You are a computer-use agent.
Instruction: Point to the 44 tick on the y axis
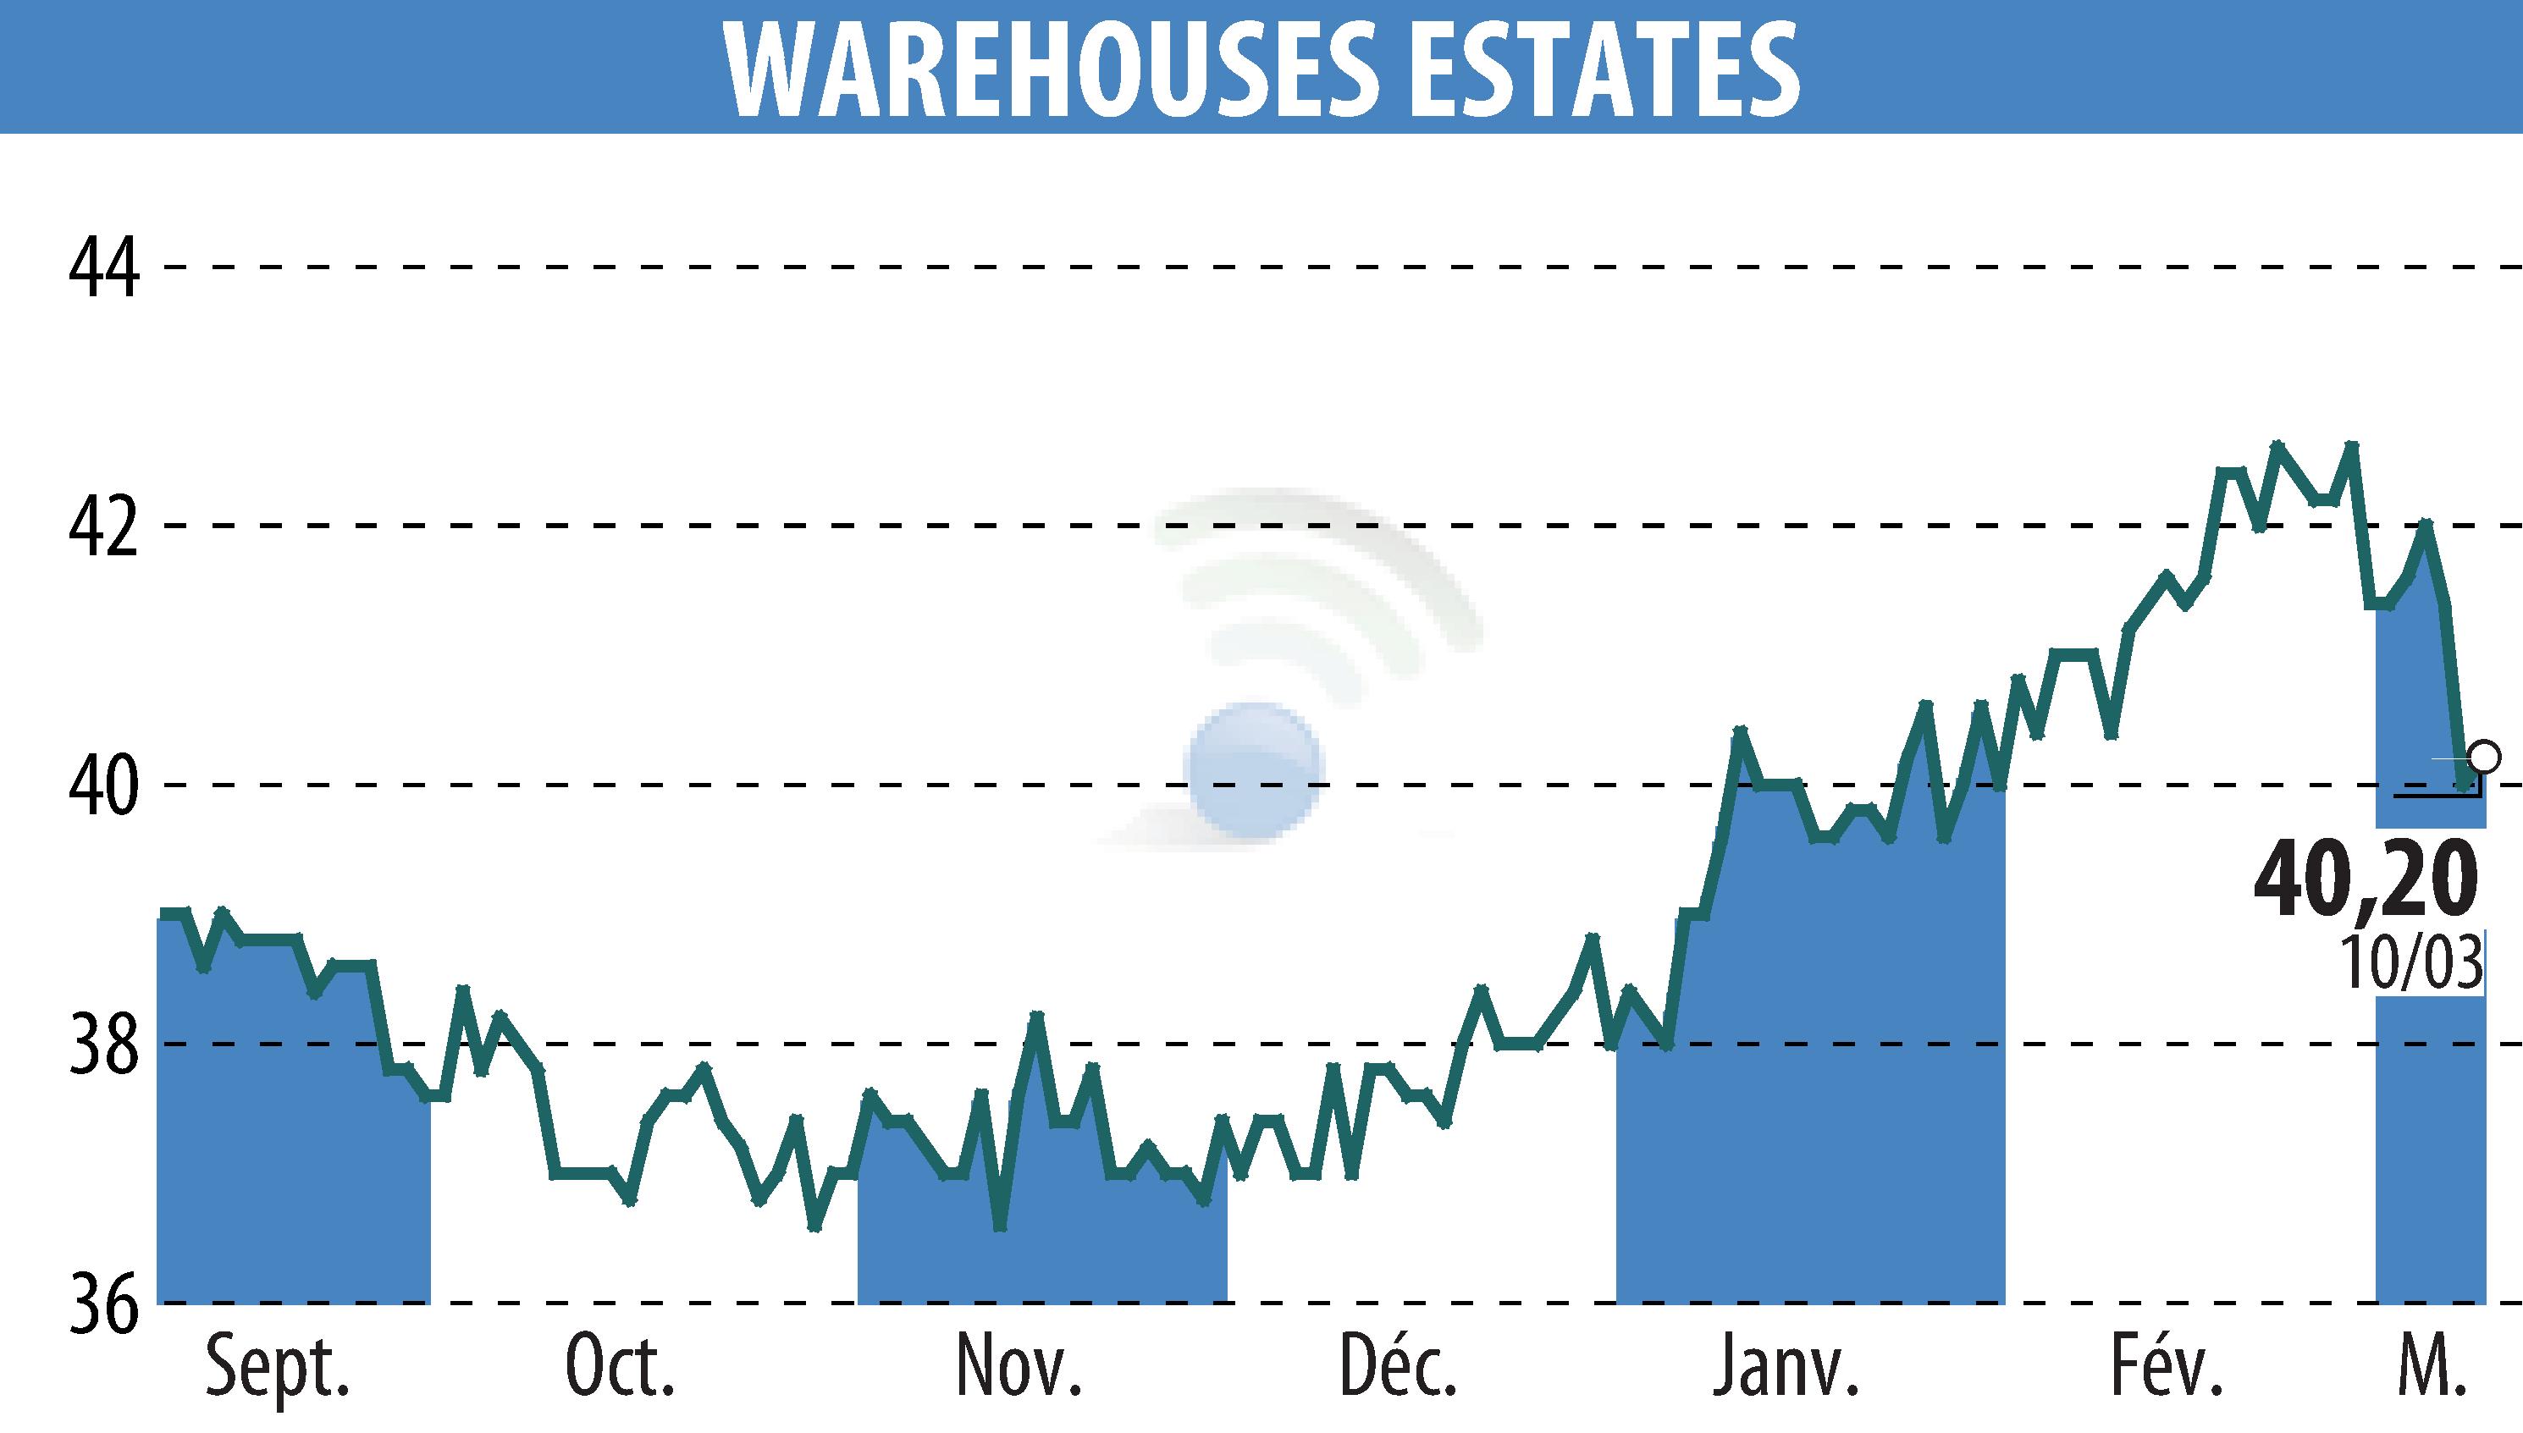[103, 267]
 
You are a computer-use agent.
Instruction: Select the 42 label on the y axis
[103, 526]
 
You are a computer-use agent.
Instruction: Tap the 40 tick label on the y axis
[103, 785]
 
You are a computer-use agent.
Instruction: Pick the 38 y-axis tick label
[103, 1044]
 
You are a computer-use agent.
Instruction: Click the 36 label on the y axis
[103, 1303]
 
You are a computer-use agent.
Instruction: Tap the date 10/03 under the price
[2410, 962]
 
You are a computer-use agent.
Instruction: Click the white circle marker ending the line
[2485, 757]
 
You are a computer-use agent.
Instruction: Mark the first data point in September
[164, 914]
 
